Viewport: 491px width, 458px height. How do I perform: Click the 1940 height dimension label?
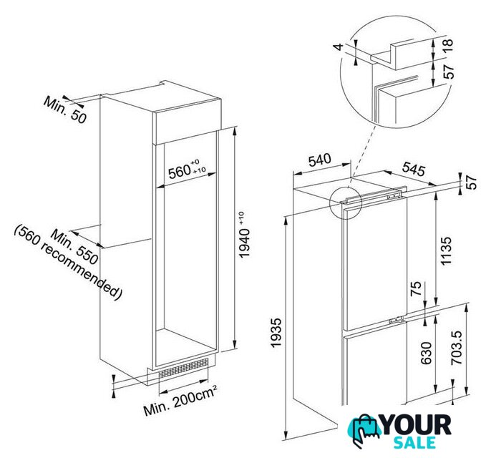[x=245, y=235]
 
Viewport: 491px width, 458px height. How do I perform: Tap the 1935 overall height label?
[x=276, y=333]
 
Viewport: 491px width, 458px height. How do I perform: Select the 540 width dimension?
[x=320, y=160]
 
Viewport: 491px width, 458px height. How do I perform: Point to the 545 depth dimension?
[x=414, y=168]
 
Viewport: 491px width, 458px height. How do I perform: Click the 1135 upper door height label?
[x=446, y=250]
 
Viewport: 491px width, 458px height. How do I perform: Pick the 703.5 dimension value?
[x=457, y=348]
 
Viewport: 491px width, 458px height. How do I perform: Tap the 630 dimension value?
[x=426, y=353]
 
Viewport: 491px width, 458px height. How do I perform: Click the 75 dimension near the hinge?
[x=417, y=288]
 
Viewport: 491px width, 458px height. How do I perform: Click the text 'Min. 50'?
[x=65, y=109]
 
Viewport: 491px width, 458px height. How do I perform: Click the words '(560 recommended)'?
[x=67, y=262]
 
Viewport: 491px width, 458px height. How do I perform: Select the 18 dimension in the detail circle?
[x=448, y=47]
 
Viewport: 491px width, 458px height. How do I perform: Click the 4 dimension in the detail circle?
[x=339, y=47]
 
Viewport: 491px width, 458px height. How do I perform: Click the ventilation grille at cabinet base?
[x=183, y=368]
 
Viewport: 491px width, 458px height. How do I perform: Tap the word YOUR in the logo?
[x=417, y=426]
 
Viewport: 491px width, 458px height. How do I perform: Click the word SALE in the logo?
[x=414, y=442]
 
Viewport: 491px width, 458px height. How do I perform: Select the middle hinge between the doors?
[x=396, y=321]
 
